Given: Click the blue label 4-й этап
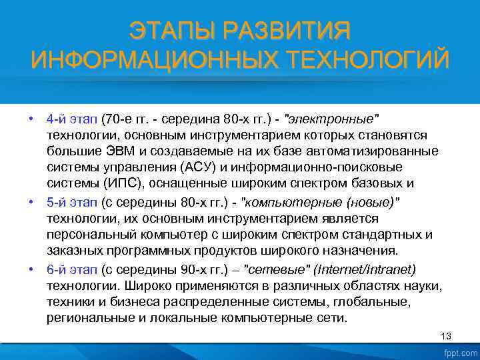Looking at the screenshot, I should pyautogui.click(x=72, y=119).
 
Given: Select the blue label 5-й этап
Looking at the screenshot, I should pyautogui.click(x=72, y=202).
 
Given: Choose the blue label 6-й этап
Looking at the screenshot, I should pyautogui.click(x=72, y=269).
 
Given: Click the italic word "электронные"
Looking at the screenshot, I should pyautogui.click(x=331, y=119).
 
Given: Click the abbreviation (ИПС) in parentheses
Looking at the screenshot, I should pyautogui.click(x=119, y=183).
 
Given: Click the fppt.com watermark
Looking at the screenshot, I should pyautogui.click(x=459, y=351).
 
